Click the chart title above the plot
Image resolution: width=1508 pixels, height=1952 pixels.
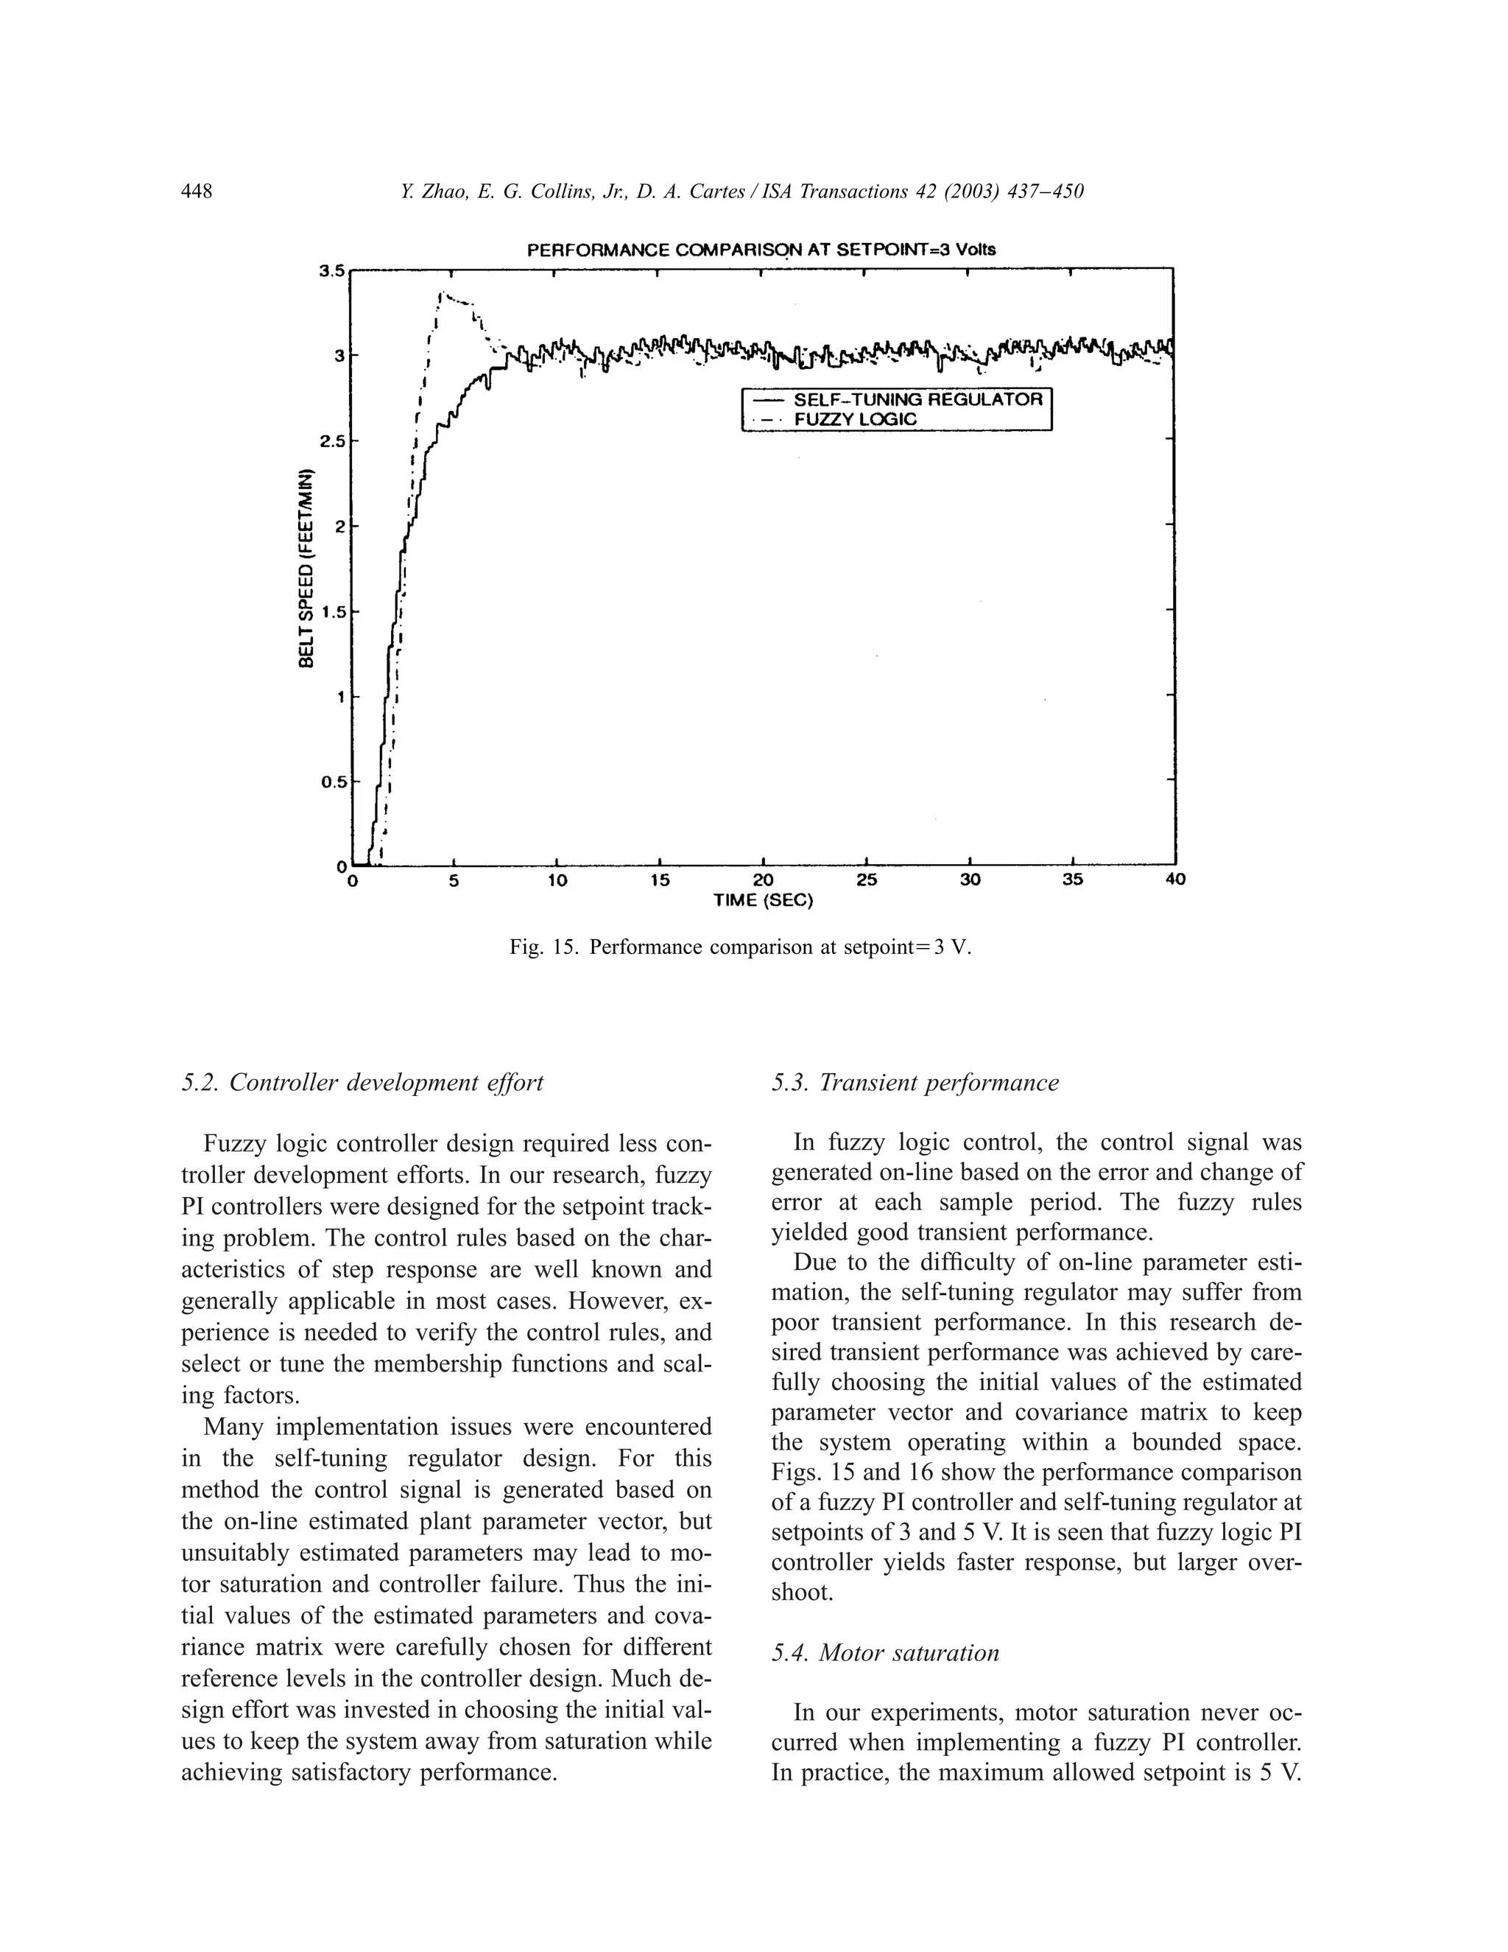tap(761, 250)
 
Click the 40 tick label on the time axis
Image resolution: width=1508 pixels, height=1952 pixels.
tap(1176, 880)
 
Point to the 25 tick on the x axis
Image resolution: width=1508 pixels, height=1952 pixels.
tap(867, 880)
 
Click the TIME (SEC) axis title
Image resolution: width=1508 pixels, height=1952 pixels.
tap(763, 901)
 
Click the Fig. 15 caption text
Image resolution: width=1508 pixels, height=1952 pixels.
tap(740, 947)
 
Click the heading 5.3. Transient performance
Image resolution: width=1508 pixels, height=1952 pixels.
tap(915, 1082)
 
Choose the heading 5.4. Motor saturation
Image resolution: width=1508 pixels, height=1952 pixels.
tap(884, 1653)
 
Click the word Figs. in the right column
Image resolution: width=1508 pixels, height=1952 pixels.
tap(792, 1471)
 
